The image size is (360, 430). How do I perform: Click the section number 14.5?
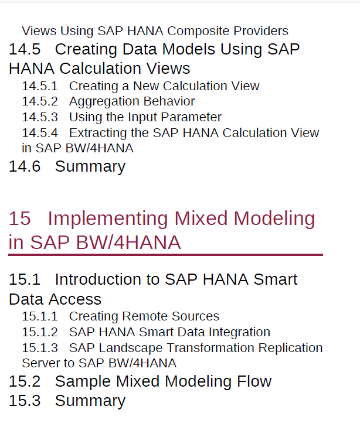coord(25,49)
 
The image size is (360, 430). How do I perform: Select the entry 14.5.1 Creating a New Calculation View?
coord(141,86)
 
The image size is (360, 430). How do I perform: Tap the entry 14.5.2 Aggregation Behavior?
coord(108,101)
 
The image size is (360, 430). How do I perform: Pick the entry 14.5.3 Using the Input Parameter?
coord(121,117)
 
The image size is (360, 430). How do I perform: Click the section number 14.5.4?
coord(40,133)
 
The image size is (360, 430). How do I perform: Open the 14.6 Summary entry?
coord(67,167)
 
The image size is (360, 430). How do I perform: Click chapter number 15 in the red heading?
coord(19,219)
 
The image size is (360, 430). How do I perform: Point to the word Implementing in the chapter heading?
coord(107,219)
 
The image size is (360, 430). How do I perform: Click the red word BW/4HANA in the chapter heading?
coord(128,243)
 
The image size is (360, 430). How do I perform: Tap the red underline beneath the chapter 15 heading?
coord(166,255)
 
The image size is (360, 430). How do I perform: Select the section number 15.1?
coord(25,279)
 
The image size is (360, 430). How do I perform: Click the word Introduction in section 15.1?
coord(107,279)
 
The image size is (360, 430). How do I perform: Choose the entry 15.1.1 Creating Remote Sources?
coord(121,316)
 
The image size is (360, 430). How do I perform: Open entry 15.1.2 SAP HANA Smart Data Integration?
coord(146,332)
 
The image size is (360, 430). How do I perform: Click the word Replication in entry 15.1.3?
coord(291,349)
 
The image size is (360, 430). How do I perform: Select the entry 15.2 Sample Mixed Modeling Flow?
coord(140,381)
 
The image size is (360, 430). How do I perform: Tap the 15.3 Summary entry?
coord(67,401)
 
